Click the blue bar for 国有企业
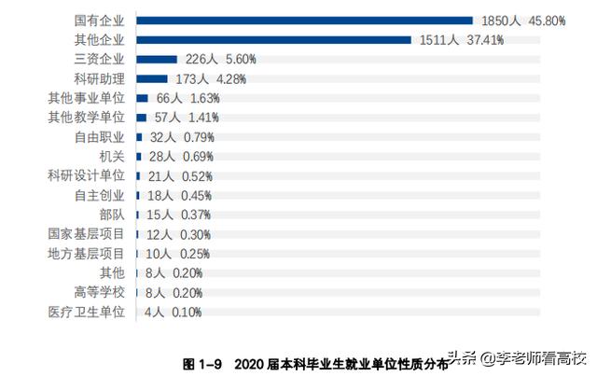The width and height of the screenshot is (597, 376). (304, 20)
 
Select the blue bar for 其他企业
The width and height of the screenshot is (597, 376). (273, 39)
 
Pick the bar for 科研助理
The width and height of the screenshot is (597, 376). (152, 78)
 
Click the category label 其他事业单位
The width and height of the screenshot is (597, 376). (86, 98)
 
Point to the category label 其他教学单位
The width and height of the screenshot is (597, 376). (86, 118)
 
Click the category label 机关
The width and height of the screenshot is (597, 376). (111, 156)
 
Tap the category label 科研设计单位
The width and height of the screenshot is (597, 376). (86, 175)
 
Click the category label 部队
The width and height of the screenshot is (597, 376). (111, 215)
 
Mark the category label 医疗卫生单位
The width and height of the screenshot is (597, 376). (86, 312)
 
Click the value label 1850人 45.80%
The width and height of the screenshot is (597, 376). (522, 20)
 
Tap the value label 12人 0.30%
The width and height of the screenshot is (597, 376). (177, 234)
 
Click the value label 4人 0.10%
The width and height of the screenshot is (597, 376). (174, 312)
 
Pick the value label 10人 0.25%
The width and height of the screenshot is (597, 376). (176, 254)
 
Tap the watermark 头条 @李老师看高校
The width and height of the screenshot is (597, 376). (517, 357)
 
